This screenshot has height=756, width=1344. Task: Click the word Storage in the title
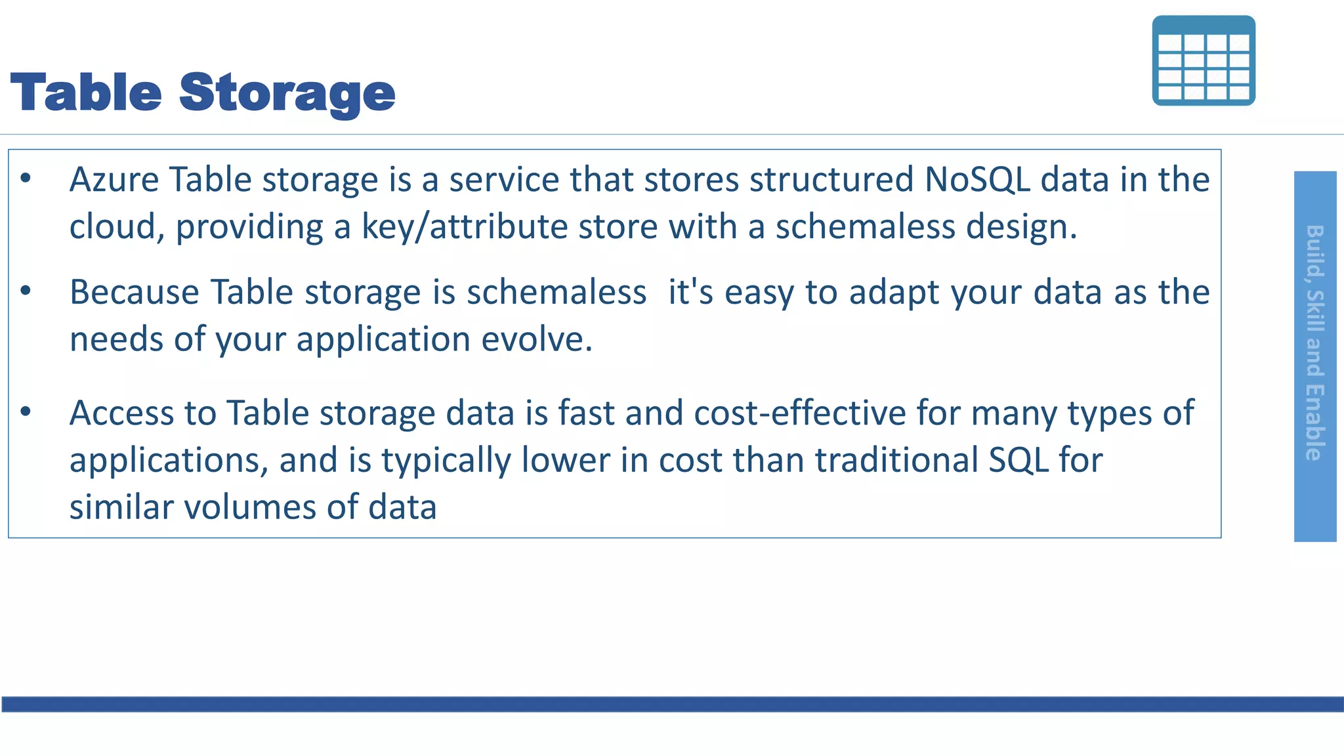coord(287,93)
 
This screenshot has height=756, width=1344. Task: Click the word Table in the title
coord(86,93)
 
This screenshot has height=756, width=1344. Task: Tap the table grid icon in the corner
coord(1204,60)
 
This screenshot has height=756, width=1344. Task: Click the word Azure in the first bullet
coord(114,180)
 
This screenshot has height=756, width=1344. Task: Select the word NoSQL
coord(977,180)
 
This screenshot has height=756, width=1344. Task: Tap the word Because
coord(135,292)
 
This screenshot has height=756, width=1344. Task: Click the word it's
coord(690,292)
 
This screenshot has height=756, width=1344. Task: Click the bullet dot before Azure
coord(26,178)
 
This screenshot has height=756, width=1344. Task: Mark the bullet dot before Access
coord(26,412)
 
